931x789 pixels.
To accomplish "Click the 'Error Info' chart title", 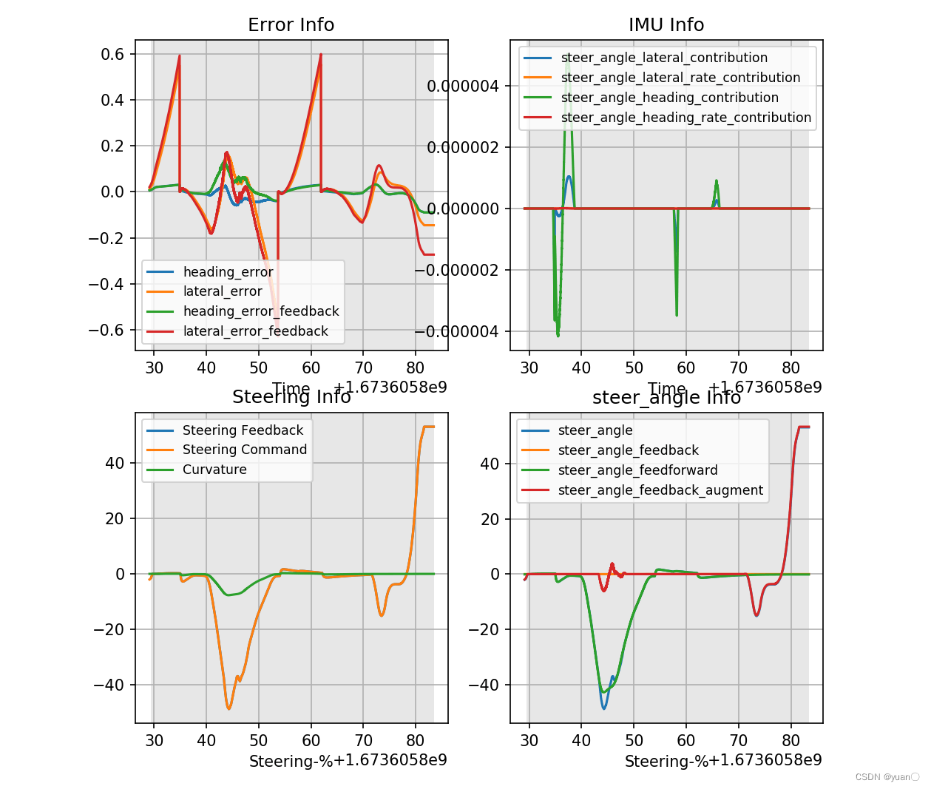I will click(291, 25).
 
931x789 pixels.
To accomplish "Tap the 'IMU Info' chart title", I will click(666, 25).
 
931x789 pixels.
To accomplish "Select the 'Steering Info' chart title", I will click(291, 397).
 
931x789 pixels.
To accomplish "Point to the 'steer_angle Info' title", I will click(666, 398).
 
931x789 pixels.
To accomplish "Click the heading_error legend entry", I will click(228, 272).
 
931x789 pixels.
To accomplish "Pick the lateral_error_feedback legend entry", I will click(255, 331).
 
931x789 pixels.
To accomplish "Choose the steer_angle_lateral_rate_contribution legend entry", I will click(680, 78).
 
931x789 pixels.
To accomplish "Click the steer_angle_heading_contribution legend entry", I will click(669, 98).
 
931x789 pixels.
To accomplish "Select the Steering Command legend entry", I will click(244, 450).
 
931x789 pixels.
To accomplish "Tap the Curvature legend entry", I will click(214, 470).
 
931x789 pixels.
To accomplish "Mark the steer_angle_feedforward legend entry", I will click(637, 470).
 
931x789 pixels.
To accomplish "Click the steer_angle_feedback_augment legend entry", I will click(660, 490).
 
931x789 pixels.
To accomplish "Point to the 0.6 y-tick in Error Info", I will click(112, 54).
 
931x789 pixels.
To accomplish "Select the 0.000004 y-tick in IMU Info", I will click(463, 87).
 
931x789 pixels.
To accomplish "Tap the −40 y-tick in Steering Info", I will click(109, 685).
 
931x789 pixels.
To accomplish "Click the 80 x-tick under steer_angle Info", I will click(790, 741).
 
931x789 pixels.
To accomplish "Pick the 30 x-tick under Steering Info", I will click(154, 741).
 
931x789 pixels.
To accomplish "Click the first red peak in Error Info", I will click(179, 55).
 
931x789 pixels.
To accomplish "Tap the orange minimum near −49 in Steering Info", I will click(228, 708).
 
